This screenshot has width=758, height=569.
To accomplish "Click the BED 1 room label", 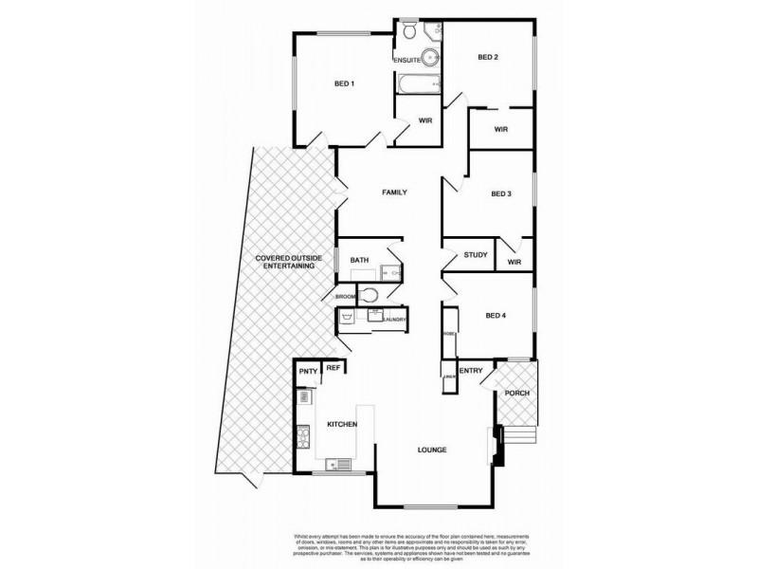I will click(x=344, y=83).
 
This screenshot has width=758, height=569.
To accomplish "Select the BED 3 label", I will click(x=501, y=194).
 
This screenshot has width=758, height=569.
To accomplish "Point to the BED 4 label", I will click(x=496, y=316).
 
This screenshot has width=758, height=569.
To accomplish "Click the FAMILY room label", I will click(x=394, y=193).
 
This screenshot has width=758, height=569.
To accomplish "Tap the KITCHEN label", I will click(x=342, y=424).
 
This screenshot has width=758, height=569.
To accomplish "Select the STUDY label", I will click(x=476, y=254).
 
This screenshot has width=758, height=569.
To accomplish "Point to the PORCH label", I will click(x=517, y=393).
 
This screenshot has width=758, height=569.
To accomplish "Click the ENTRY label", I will click(x=470, y=371).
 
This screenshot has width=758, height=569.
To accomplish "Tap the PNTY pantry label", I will click(x=307, y=372).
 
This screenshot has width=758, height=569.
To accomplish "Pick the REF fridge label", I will click(x=334, y=367).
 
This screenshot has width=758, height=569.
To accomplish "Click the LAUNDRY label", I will click(x=394, y=320).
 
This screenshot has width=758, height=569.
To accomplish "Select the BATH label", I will click(x=359, y=260).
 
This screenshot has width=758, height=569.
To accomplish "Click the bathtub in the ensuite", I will click(x=417, y=84).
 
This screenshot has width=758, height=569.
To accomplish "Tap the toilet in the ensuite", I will click(x=408, y=33).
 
